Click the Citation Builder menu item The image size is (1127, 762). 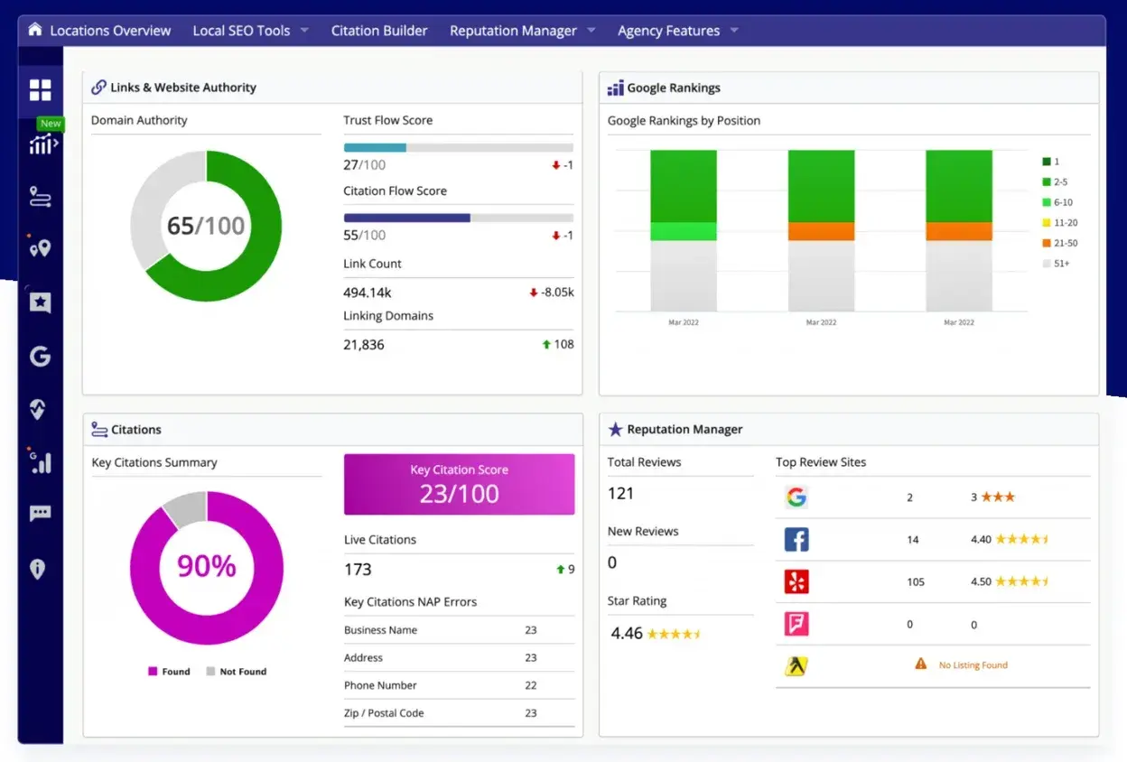click(379, 31)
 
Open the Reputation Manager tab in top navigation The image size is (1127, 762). click(513, 31)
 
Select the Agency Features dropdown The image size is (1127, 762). click(668, 31)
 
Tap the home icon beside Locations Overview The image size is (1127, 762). click(35, 30)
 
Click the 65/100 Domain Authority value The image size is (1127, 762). click(206, 226)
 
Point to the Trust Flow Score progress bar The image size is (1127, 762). click(458, 147)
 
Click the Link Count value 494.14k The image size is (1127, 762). click(368, 293)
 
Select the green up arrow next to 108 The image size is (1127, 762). click(546, 344)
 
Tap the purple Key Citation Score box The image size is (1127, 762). click(459, 485)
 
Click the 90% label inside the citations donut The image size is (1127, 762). click(206, 566)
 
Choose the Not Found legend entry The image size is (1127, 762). click(237, 672)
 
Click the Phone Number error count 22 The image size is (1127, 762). click(531, 685)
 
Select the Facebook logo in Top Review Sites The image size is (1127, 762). click(796, 539)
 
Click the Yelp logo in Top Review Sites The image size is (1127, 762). click(796, 581)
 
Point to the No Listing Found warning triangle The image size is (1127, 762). click(920, 664)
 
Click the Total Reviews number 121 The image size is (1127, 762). click(620, 493)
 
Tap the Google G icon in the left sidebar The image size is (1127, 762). click(40, 357)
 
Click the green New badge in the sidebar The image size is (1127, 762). click(51, 124)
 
